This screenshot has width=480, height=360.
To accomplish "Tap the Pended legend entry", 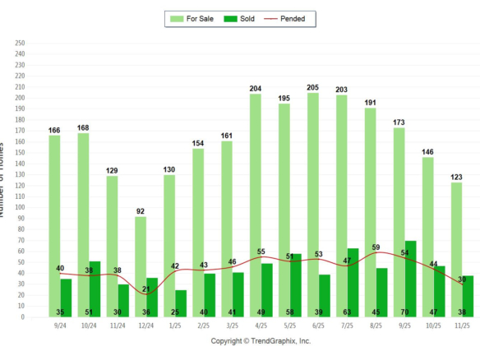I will coord(288,18).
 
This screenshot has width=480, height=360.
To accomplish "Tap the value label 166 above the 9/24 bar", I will coord(54,130).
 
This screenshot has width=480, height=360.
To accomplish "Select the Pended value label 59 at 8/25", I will coord(376,247).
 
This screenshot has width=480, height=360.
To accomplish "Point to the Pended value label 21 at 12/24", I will coord(146,288).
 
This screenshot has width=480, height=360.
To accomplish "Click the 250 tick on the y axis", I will coord(20,43).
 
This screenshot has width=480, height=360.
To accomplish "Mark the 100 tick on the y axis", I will coord(20,207).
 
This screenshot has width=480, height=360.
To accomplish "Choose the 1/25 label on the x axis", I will coord(174,326).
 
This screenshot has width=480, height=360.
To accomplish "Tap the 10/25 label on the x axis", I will coord(432,326).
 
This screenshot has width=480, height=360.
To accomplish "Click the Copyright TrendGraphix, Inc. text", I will coord(261,340).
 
